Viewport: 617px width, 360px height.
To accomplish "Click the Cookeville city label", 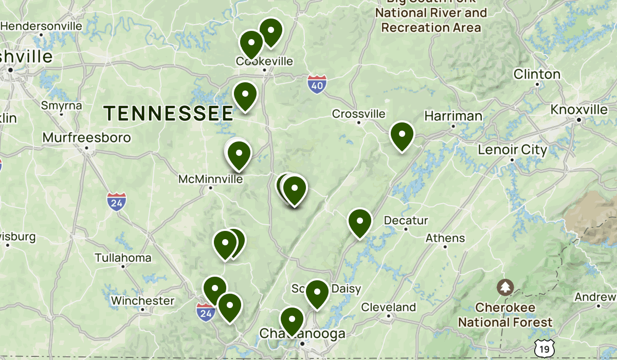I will (x=264, y=61).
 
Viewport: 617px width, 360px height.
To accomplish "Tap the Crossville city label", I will (x=359, y=114).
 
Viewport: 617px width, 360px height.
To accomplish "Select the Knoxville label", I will (x=579, y=110).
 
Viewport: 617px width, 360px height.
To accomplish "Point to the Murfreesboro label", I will (x=87, y=138).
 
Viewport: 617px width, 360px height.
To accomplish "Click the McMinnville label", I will (x=210, y=179).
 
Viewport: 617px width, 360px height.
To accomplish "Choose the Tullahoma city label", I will (x=123, y=258).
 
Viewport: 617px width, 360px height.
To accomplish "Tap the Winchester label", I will (x=143, y=300).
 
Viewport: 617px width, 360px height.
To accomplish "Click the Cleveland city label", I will (x=389, y=307).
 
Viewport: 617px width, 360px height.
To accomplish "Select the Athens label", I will (x=445, y=238).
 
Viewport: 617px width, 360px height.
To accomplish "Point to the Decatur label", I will (x=406, y=221).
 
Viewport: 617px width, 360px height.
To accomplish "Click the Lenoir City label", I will (x=512, y=150).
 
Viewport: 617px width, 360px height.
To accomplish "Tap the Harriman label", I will (x=453, y=116).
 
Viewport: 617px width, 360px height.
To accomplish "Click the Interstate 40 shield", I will (x=317, y=84).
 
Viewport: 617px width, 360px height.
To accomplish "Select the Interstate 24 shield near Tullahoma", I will (x=117, y=202).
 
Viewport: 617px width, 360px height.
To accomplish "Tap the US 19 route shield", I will (x=544, y=349).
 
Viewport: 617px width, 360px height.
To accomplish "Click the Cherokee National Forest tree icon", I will (x=506, y=286).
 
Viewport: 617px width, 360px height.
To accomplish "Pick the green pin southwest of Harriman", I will (x=402, y=136).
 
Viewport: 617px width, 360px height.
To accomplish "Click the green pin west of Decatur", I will (x=360, y=222).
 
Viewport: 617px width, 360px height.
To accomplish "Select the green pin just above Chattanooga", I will (x=292, y=320).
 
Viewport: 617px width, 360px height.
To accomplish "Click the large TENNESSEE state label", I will (x=169, y=113).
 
